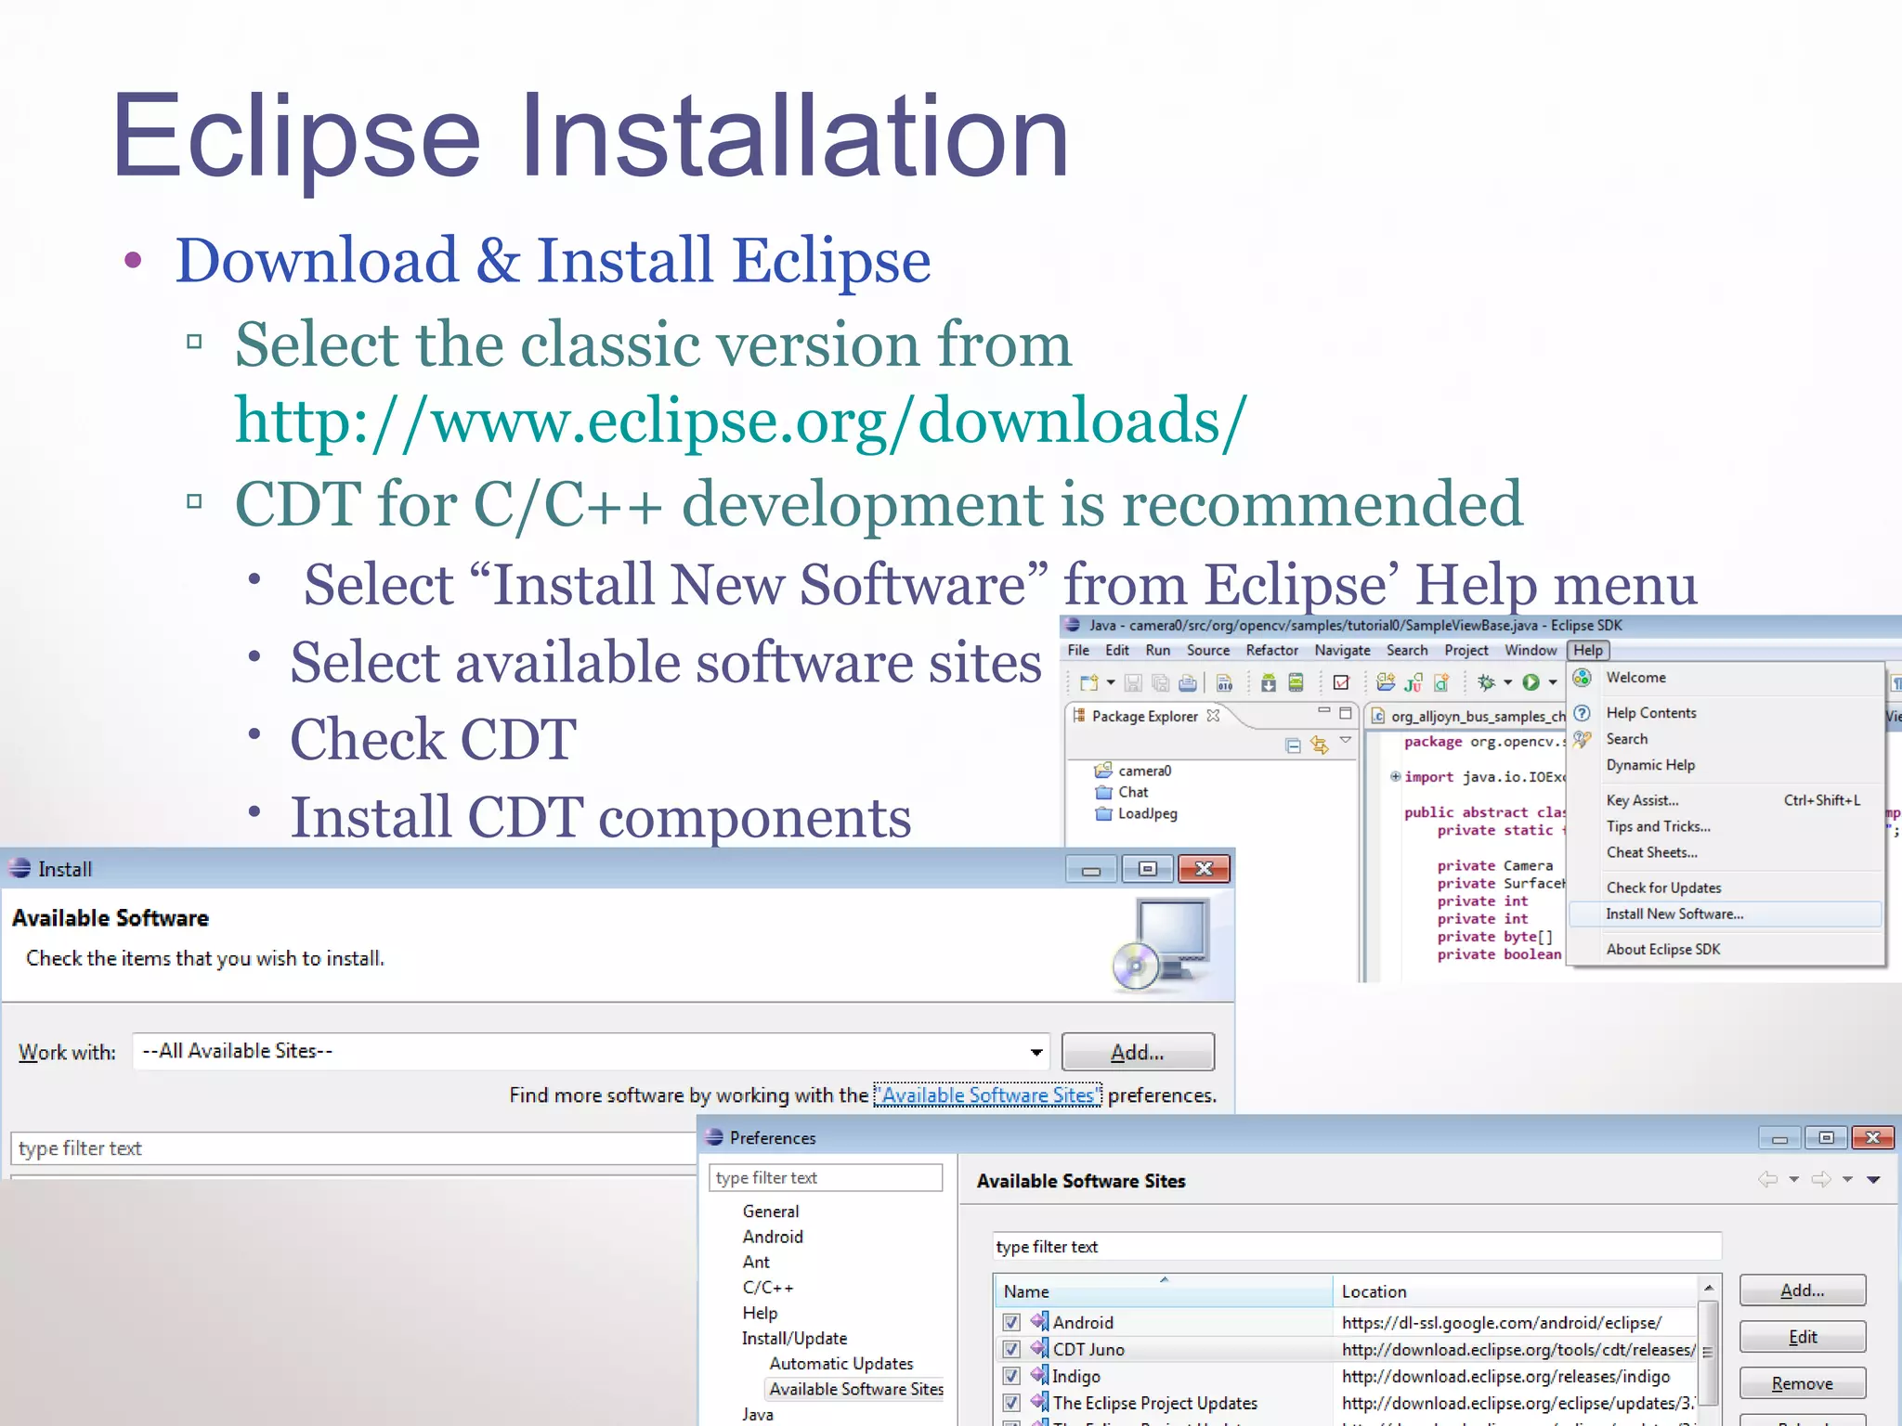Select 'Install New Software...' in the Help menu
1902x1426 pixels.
coord(1674,914)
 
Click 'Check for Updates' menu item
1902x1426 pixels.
coord(1663,888)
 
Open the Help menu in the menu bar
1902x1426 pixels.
coord(1588,651)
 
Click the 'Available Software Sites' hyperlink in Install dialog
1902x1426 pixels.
coord(987,1095)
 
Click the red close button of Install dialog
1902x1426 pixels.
coord(1204,869)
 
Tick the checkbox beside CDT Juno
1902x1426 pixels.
coord(1011,1350)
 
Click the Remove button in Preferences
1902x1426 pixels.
coord(1802,1384)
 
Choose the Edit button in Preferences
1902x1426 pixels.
coord(1802,1338)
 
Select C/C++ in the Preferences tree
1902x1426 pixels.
coord(767,1288)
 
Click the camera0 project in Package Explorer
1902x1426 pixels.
coord(1144,771)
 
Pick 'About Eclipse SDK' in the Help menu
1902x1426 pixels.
coord(1662,950)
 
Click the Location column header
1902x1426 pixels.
coord(1374,1292)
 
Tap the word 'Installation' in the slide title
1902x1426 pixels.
coord(794,136)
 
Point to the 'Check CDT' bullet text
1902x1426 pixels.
coord(433,740)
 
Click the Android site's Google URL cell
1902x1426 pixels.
coord(1501,1323)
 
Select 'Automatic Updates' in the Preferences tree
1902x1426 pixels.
coord(840,1364)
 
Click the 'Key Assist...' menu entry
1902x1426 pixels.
coord(1642,801)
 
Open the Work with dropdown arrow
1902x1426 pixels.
coord(1036,1053)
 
